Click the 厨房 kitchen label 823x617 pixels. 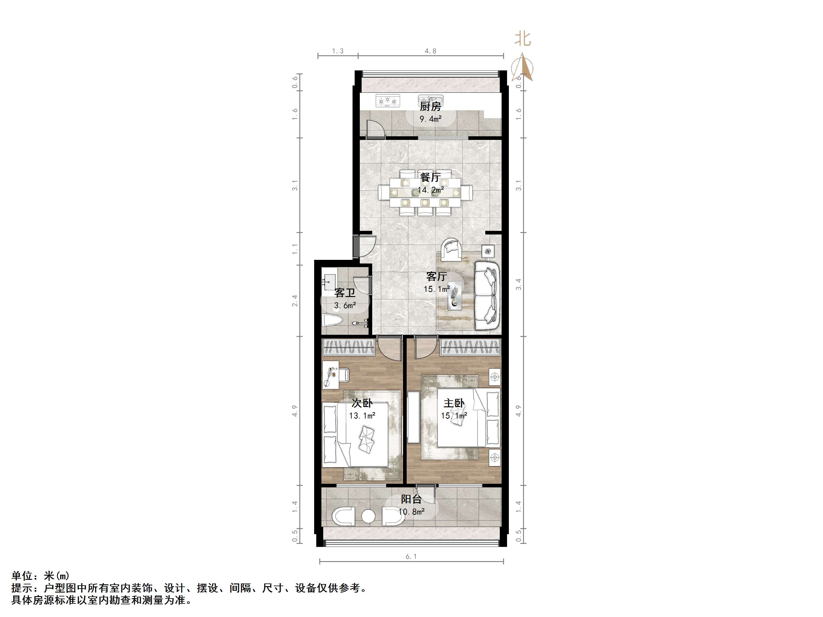click(x=431, y=107)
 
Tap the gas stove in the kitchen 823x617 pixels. click(x=388, y=101)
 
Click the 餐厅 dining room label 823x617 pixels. click(x=431, y=177)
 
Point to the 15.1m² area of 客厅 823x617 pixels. click(x=437, y=289)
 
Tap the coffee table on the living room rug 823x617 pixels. click(x=455, y=296)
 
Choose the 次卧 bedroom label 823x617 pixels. click(x=362, y=403)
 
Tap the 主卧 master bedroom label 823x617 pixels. click(x=454, y=403)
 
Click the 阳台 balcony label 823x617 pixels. click(x=411, y=499)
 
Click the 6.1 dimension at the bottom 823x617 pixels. click(x=411, y=556)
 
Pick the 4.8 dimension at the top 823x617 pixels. click(x=431, y=51)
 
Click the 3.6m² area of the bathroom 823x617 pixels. click(x=345, y=306)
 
